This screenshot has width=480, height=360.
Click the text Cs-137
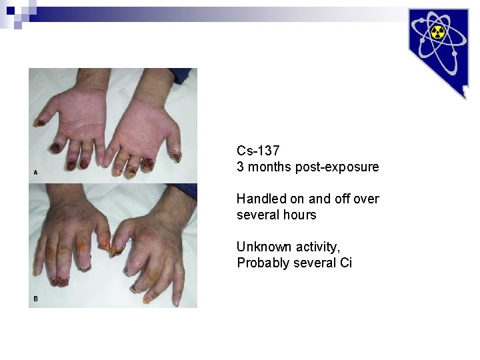258,151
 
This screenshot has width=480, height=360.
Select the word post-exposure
340,167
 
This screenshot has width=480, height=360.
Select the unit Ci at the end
346,263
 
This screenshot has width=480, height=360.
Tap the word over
366,199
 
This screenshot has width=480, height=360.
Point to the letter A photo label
35,172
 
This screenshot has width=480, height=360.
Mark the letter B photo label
35,299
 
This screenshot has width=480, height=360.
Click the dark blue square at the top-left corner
11,10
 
